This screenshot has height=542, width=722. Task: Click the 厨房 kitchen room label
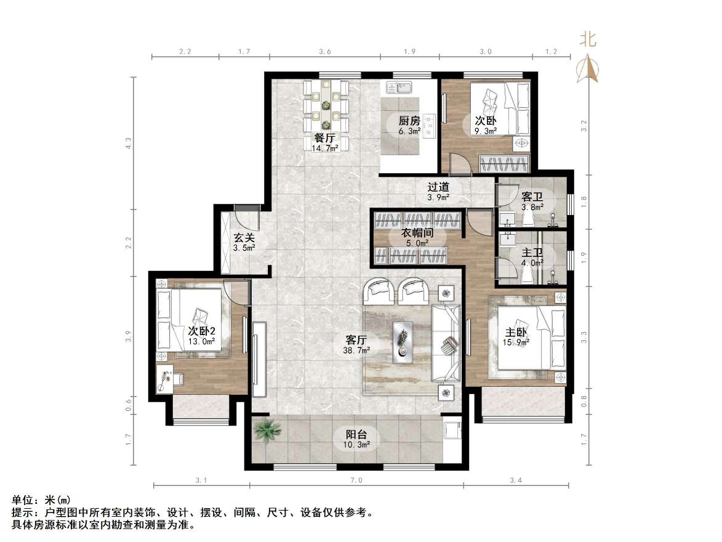tap(409, 121)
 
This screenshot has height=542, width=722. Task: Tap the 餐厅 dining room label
tap(324, 139)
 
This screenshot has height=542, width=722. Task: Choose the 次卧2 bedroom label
tap(201, 331)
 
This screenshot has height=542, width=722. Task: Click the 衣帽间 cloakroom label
tap(419, 233)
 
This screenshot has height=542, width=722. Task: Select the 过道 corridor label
tap(438, 187)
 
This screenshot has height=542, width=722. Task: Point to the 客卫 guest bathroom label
tap(532, 196)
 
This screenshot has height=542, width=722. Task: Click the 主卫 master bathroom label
tap(532, 253)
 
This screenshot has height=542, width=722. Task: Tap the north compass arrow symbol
tap(588, 69)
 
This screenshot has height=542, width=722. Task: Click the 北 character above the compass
tap(588, 40)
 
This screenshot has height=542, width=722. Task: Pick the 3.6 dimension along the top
tap(324, 52)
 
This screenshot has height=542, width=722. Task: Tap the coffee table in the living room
tap(404, 338)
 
